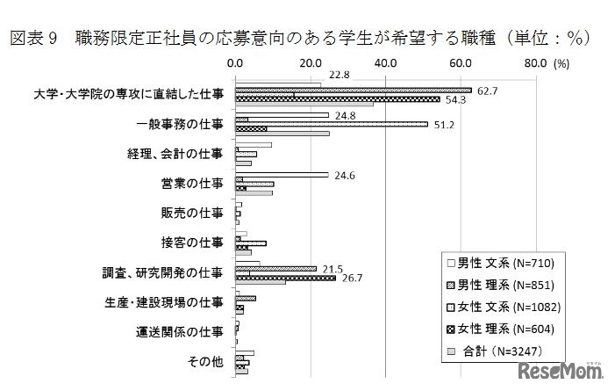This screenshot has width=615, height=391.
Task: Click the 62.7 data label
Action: tap(488, 91)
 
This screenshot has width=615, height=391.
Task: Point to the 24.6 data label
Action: tap(345, 175)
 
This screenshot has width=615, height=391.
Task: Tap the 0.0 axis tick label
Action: tap(235, 63)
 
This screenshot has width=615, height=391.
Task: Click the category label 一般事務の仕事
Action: tap(180, 124)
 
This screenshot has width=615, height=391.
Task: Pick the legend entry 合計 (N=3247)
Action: tap(501, 351)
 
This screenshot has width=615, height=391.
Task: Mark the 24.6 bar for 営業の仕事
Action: tap(281, 175)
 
